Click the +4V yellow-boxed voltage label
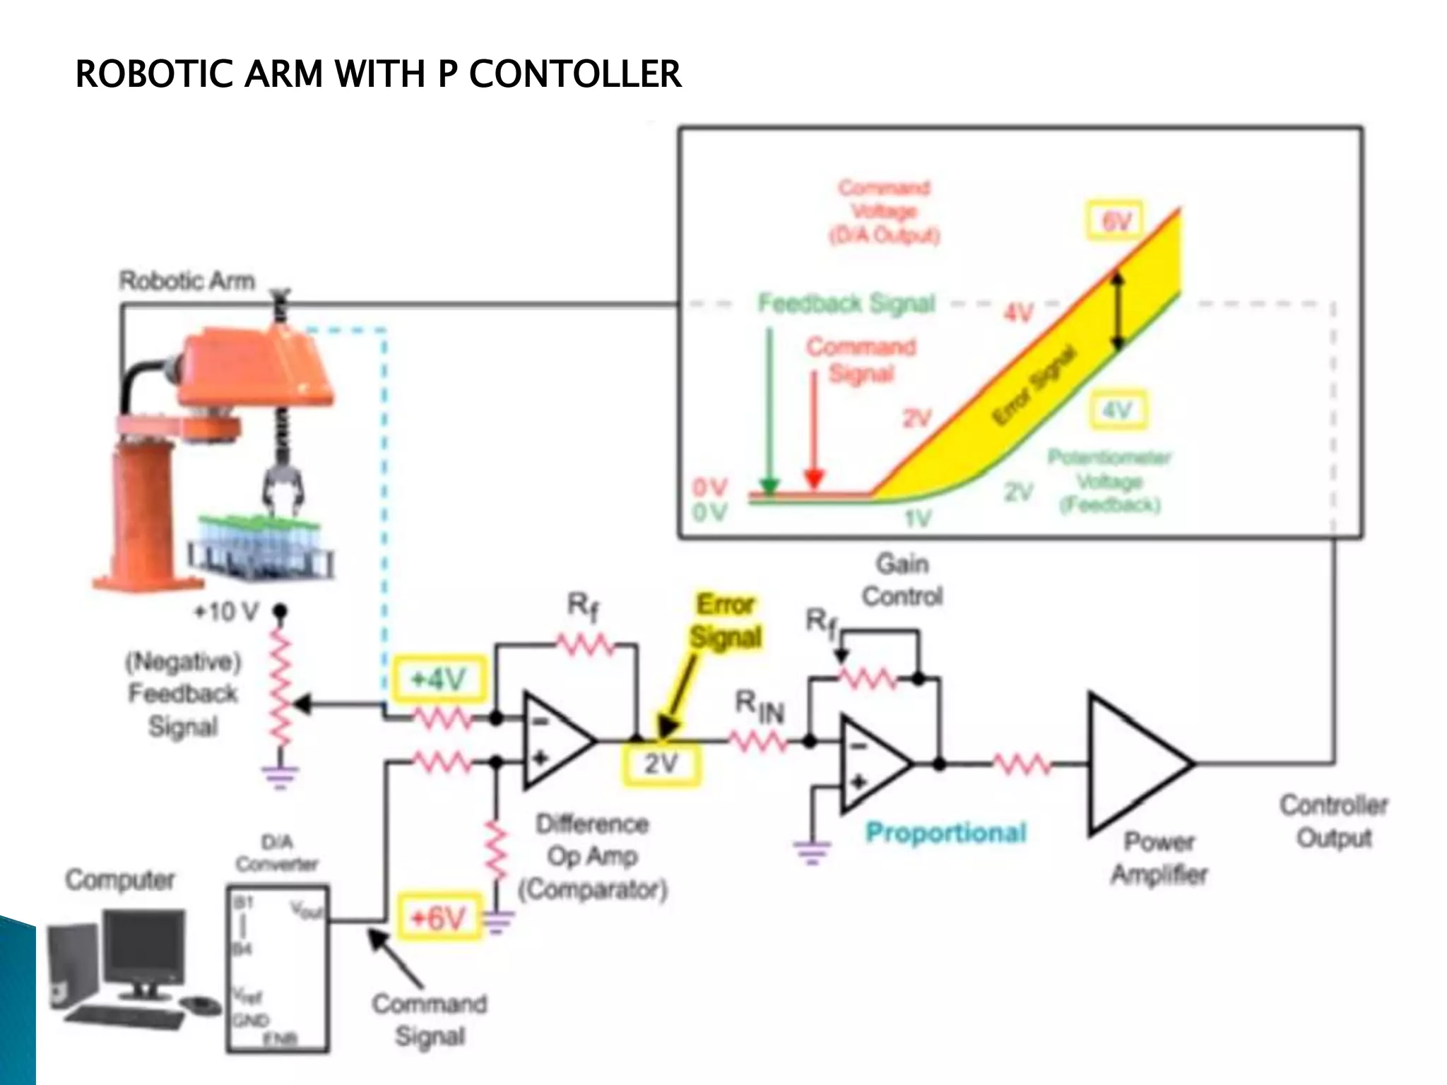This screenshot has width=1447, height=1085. point(439,680)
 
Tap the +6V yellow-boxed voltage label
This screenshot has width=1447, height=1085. point(439,918)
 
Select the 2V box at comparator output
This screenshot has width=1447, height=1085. point(661,764)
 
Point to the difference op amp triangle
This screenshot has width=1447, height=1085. point(555,741)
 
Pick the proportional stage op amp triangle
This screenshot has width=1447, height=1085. point(873,764)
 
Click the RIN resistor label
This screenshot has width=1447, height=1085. point(760,706)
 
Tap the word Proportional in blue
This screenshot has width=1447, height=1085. point(945,833)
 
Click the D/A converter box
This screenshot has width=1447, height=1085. point(278,968)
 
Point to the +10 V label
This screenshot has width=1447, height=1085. point(226,611)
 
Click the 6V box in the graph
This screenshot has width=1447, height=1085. point(1116,221)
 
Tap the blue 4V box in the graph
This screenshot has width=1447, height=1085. point(1117,410)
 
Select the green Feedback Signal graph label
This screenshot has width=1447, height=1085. point(846,303)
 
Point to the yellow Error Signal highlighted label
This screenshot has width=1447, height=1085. point(726,620)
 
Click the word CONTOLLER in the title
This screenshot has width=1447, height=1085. point(575,74)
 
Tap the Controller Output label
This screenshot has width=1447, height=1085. point(1333,821)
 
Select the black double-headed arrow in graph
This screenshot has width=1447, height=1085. point(1117,311)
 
